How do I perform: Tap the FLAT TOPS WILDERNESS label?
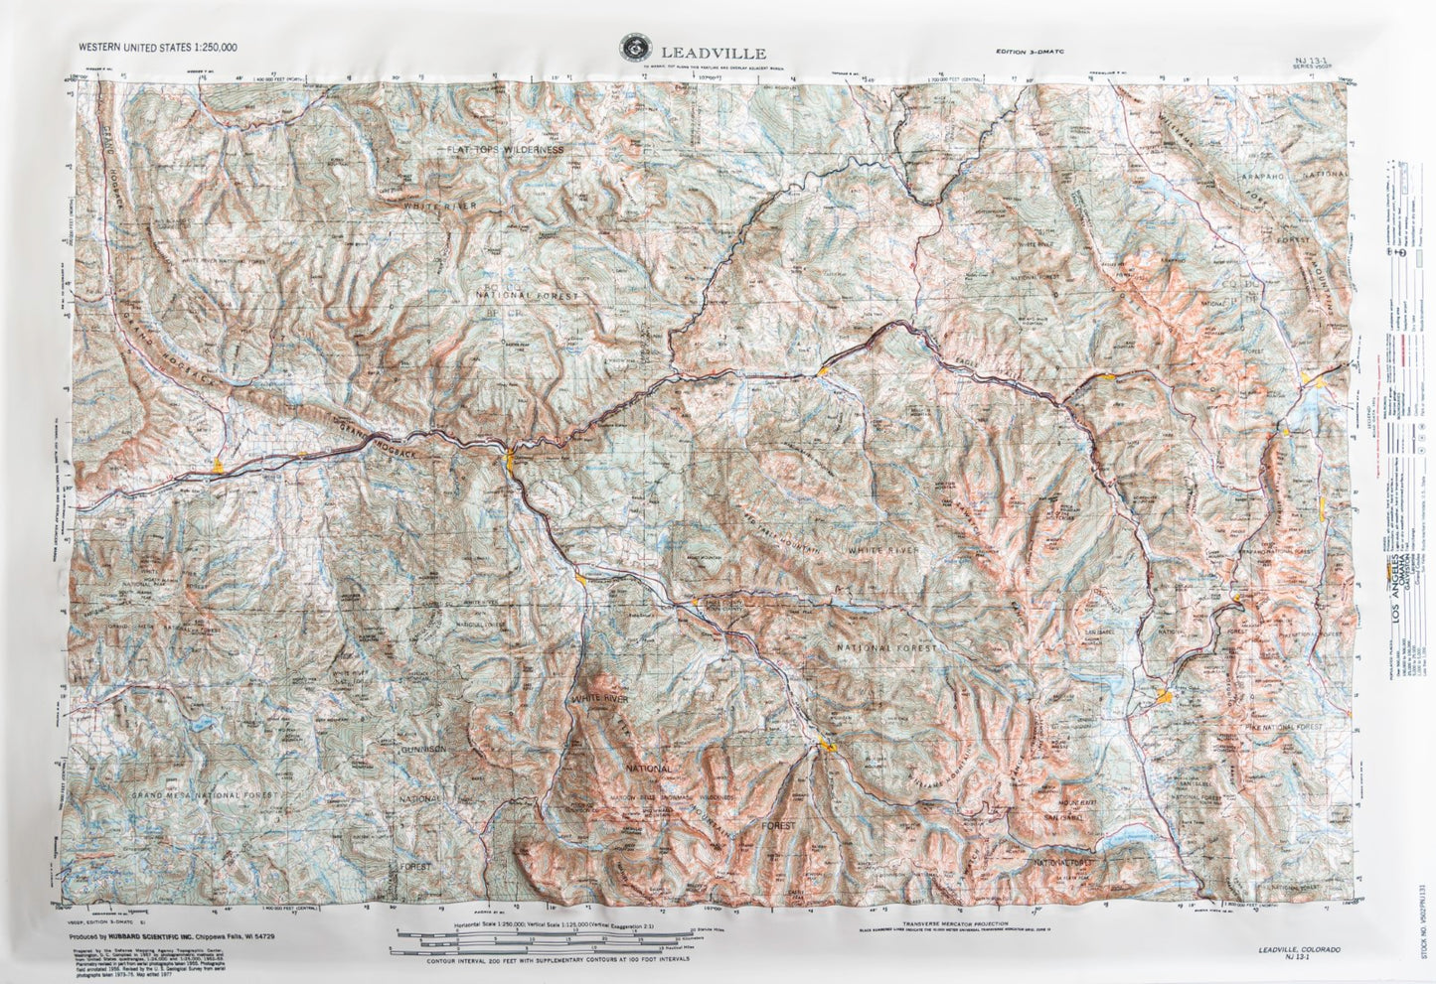(x=504, y=149)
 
